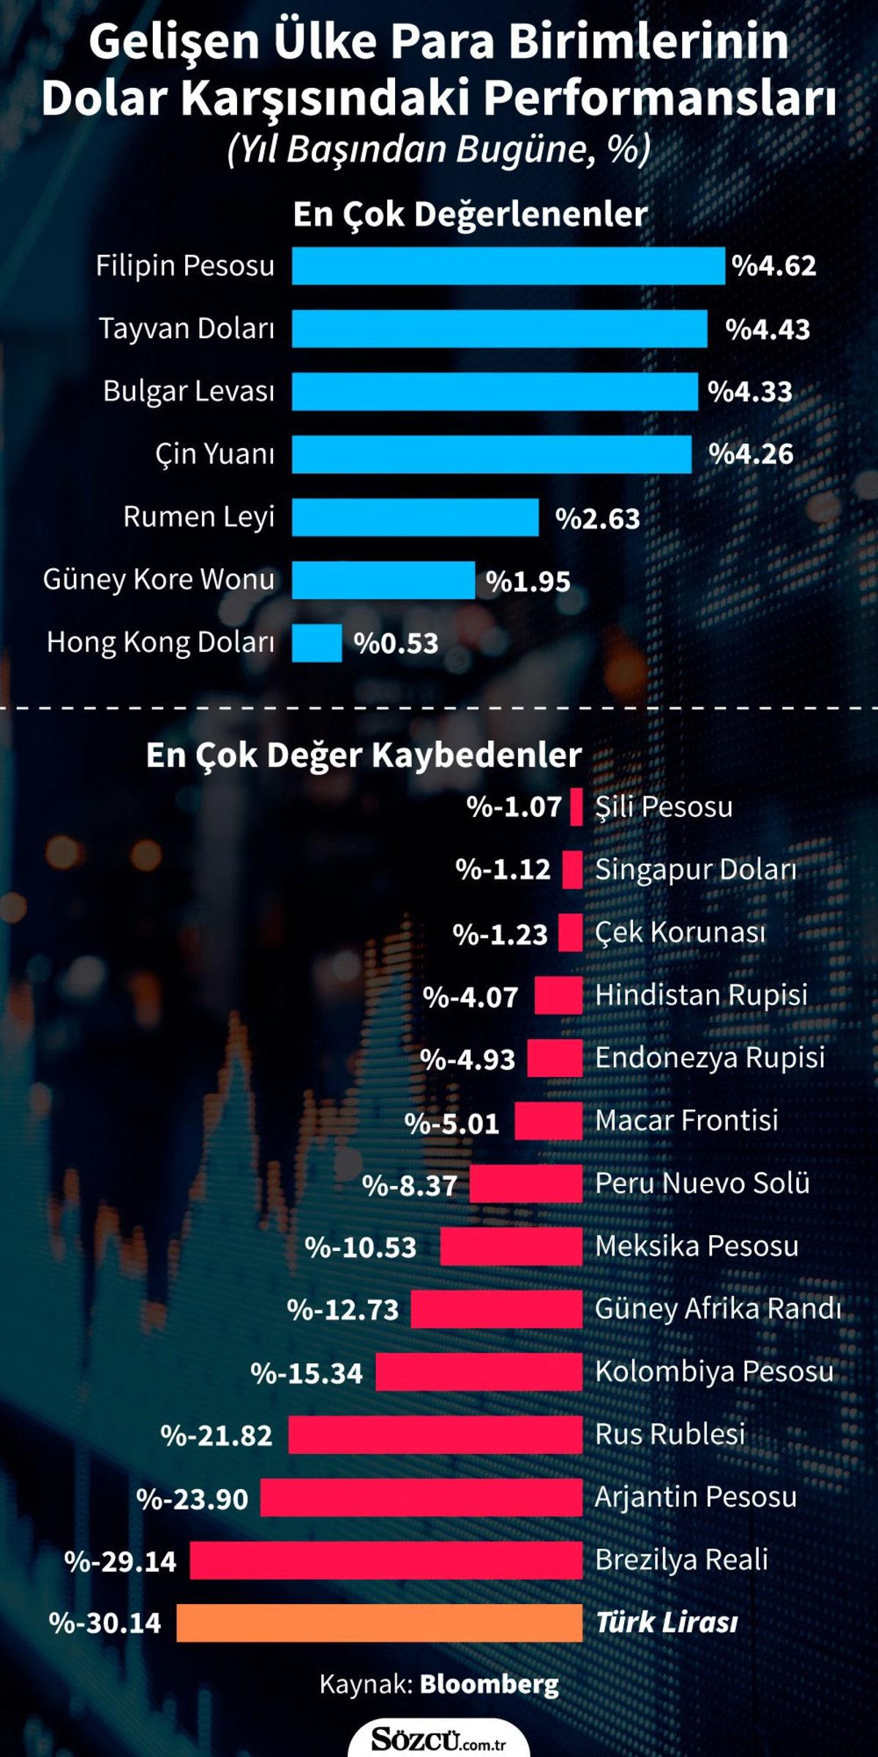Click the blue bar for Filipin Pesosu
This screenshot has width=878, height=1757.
[x=508, y=265]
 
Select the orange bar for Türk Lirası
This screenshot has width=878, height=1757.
[x=379, y=1622]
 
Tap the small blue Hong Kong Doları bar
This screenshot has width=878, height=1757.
[x=317, y=643]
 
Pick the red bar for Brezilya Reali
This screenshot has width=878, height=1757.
[x=386, y=1559]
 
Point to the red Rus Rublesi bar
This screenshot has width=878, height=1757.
[x=435, y=1434]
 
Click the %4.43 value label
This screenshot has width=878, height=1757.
[x=768, y=329]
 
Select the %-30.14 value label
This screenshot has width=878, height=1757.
[x=105, y=1622]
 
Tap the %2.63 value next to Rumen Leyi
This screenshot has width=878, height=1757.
[x=597, y=518]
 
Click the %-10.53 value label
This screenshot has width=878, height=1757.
[x=360, y=1246]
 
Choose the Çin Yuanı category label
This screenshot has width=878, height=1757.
[x=214, y=454]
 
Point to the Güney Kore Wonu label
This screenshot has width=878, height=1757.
[x=159, y=579]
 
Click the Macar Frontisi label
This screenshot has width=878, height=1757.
[x=686, y=1120]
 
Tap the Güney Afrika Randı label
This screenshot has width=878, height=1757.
[x=718, y=1308]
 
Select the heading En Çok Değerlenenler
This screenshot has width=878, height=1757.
[x=470, y=215]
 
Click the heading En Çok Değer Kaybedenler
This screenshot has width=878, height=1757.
[x=364, y=755]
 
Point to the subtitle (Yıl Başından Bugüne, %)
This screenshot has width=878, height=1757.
[x=439, y=149]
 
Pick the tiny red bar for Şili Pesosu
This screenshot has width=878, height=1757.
[x=576, y=807]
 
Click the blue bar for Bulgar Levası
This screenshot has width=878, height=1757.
[x=495, y=391]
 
